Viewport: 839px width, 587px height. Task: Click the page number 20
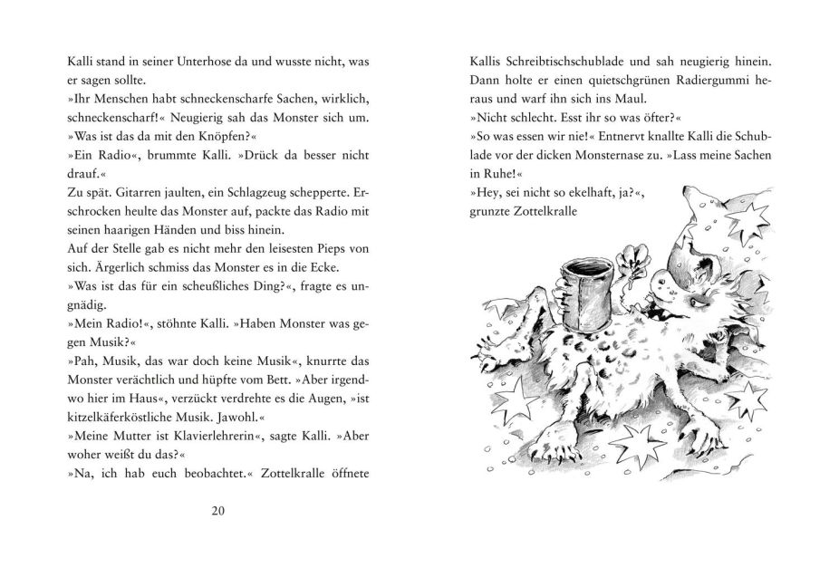[217, 509]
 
